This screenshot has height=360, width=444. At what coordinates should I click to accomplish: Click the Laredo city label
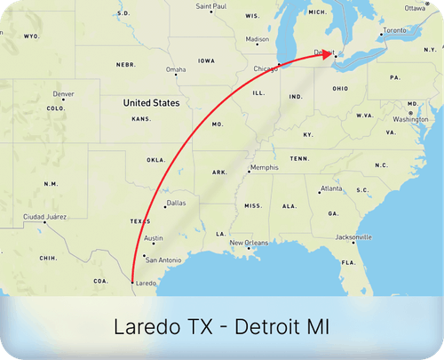click(146, 284)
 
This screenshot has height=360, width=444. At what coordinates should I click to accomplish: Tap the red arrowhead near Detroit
click(329, 52)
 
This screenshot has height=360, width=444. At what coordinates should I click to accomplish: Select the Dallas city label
click(176, 203)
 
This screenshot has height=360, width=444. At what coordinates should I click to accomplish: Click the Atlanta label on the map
click(331, 188)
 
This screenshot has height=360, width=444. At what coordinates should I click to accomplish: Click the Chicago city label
click(265, 68)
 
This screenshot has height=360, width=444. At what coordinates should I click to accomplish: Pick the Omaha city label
click(176, 69)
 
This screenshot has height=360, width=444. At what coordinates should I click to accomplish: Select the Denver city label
click(63, 94)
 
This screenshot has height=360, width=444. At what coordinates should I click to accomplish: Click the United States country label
click(152, 103)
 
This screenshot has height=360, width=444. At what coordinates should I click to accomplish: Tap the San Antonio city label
click(163, 260)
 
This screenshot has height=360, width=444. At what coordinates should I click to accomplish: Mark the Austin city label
click(154, 238)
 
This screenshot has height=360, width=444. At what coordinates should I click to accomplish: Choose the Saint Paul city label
click(211, 6)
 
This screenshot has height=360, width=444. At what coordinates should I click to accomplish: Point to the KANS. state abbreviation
click(141, 118)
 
